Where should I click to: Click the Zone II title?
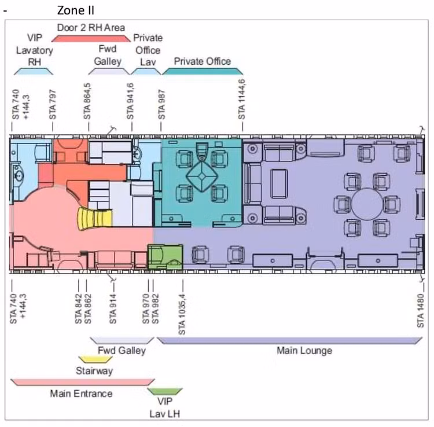76,10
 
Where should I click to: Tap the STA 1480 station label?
421,311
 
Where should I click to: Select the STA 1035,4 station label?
182,314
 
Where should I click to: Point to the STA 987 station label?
161,104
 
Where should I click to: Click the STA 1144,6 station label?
242,100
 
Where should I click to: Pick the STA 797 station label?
52,104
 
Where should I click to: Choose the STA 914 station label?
113,309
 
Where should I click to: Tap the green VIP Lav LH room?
165,257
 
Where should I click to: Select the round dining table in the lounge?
367,204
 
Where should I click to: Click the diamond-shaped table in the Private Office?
202,176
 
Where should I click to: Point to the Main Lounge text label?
304,351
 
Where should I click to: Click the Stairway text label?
94,371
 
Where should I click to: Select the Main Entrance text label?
81,393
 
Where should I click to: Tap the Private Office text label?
203,61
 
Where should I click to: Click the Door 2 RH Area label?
91,28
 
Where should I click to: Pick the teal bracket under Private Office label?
203,71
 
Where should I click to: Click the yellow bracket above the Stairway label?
95,359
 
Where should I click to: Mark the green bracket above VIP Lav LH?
165,392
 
